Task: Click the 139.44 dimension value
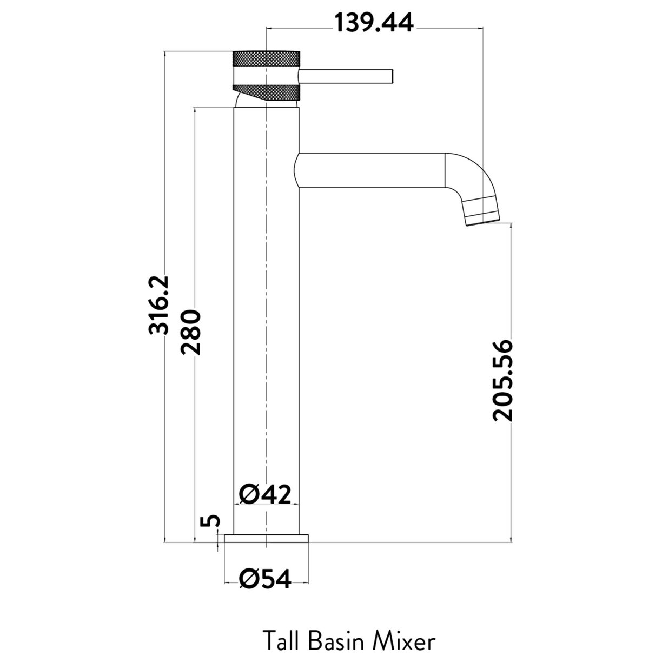point(373,23)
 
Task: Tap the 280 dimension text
point(191,332)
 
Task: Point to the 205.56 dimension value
point(502,380)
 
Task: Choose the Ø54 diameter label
point(265,579)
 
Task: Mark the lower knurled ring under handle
point(265,92)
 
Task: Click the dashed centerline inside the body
point(267,325)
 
